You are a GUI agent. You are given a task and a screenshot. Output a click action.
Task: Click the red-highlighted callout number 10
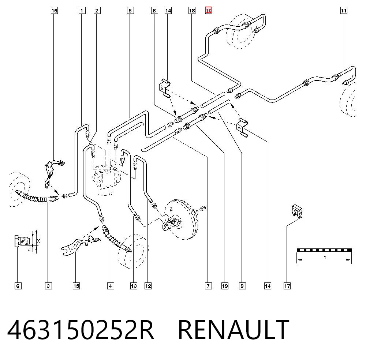point(209,11)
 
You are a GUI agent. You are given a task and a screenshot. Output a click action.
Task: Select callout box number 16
point(54,11)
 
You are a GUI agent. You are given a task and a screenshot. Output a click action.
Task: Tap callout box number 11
point(344,11)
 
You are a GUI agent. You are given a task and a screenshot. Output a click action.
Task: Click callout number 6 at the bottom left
point(18,286)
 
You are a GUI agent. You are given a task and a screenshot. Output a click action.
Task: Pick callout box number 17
point(287,286)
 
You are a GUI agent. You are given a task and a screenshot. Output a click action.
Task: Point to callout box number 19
point(225,286)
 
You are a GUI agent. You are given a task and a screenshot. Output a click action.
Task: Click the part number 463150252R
point(81,330)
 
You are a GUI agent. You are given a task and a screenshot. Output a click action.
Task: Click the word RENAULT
point(234,330)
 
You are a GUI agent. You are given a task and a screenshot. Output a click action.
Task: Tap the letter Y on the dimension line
point(325,257)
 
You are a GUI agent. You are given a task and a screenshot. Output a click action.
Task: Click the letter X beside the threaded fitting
point(38,241)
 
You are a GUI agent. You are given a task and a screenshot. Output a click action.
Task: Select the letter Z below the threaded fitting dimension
point(29,250)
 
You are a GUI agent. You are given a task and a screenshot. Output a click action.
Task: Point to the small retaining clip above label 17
point(297,211)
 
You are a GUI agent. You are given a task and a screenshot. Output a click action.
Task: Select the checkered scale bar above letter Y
point(324,250)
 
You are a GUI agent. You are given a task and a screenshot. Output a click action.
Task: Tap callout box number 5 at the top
point(130,11)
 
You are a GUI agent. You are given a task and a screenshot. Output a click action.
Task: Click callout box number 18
point(192,11)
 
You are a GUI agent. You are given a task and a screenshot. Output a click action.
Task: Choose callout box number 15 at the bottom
point(76,286)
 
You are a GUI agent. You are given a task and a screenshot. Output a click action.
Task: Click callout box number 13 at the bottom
point(134,286)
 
